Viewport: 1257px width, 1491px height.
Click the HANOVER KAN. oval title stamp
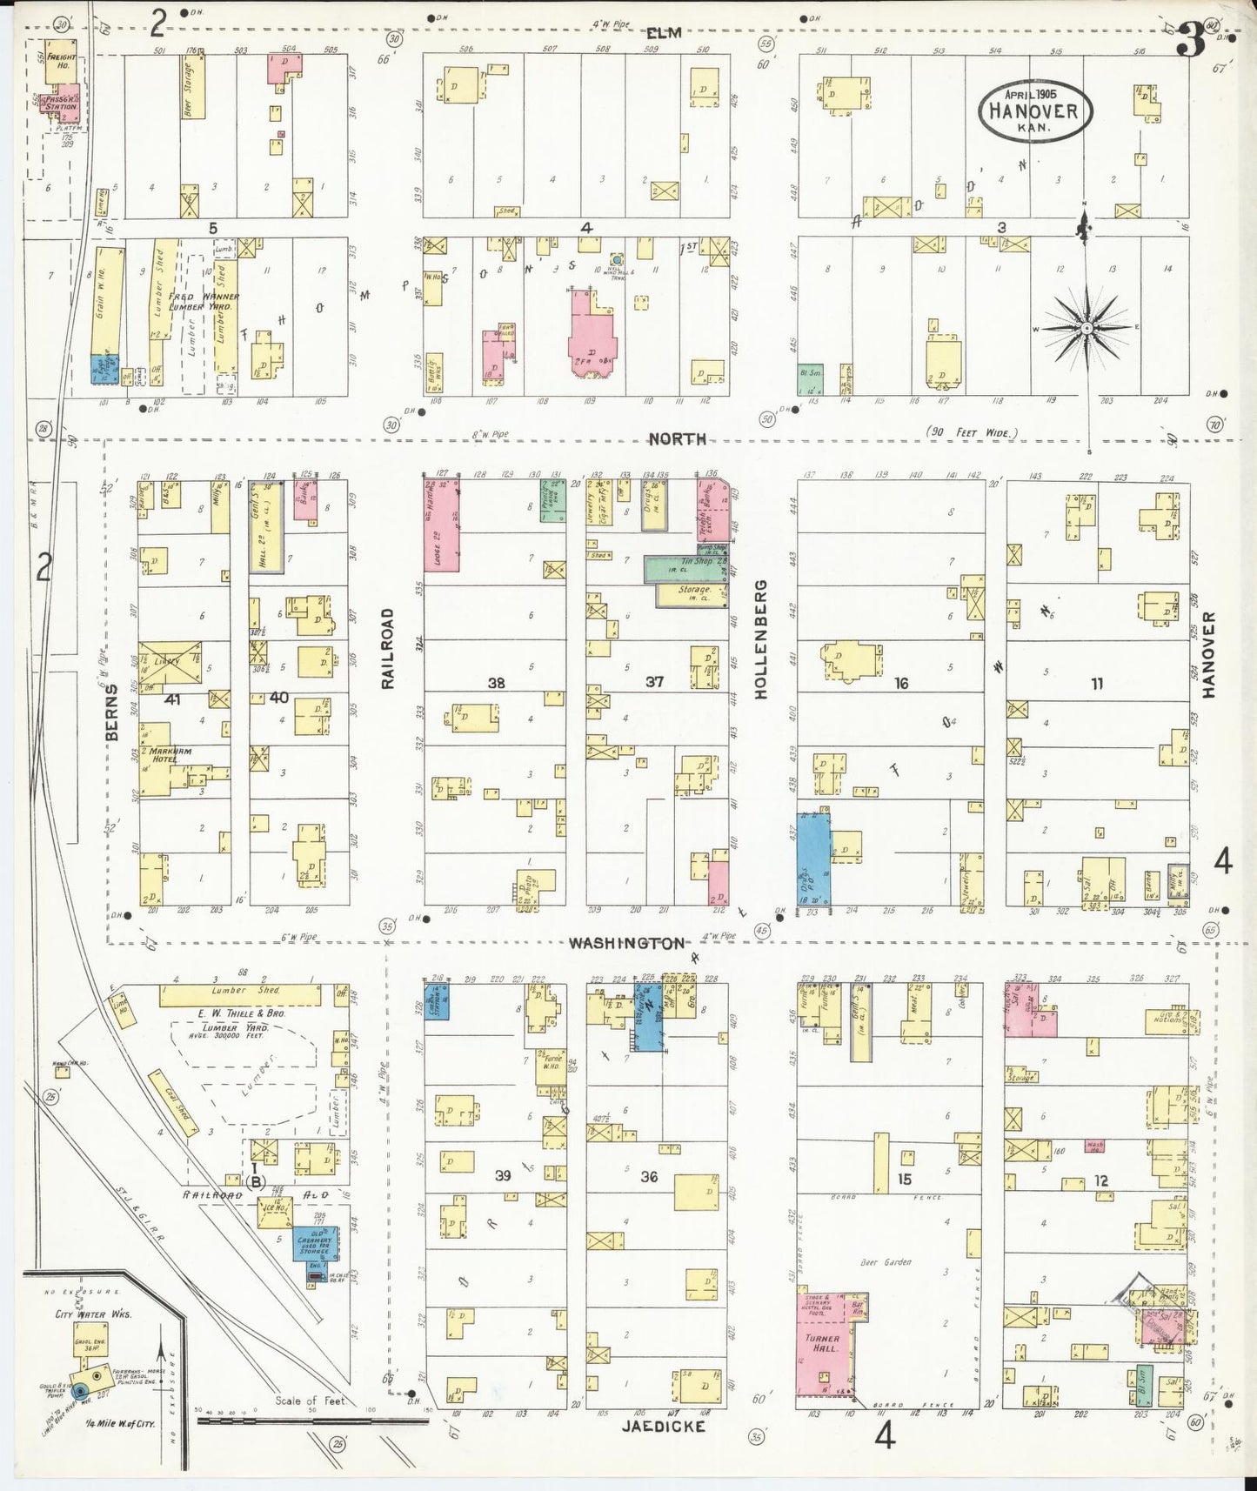coord(1034,111)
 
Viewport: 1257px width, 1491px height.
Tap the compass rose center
coord(1087,328)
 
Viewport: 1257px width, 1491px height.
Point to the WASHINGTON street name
coord(626,943)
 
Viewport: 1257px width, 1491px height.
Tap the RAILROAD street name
coord(388,648)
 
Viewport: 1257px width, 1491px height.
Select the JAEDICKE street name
coord(663,1426)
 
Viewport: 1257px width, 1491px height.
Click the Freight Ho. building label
coord(62,60)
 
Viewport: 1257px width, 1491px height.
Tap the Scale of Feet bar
coord(310,1421)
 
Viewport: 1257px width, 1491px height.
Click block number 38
coord(496,683)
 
